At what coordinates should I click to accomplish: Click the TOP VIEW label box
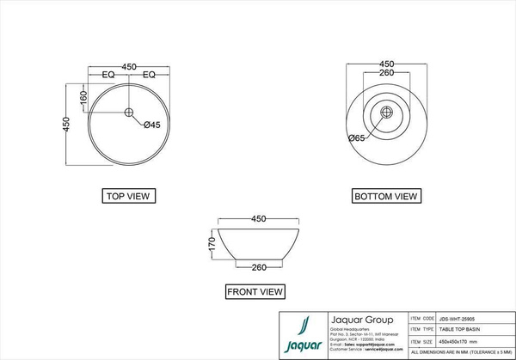coord(127,196)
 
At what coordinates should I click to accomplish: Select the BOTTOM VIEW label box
coord(386,197)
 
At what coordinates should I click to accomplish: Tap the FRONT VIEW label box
coord(255,292)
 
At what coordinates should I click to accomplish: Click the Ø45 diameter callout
coord(152,125)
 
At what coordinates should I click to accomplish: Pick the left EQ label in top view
coord(109,76)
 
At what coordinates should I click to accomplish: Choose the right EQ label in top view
coord(148,76)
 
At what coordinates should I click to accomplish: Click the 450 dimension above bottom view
coord(387,64)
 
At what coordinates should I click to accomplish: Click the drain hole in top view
coord(129,112)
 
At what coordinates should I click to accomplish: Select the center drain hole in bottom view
coord(387,112)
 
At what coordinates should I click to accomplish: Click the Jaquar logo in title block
coord(302,335)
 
